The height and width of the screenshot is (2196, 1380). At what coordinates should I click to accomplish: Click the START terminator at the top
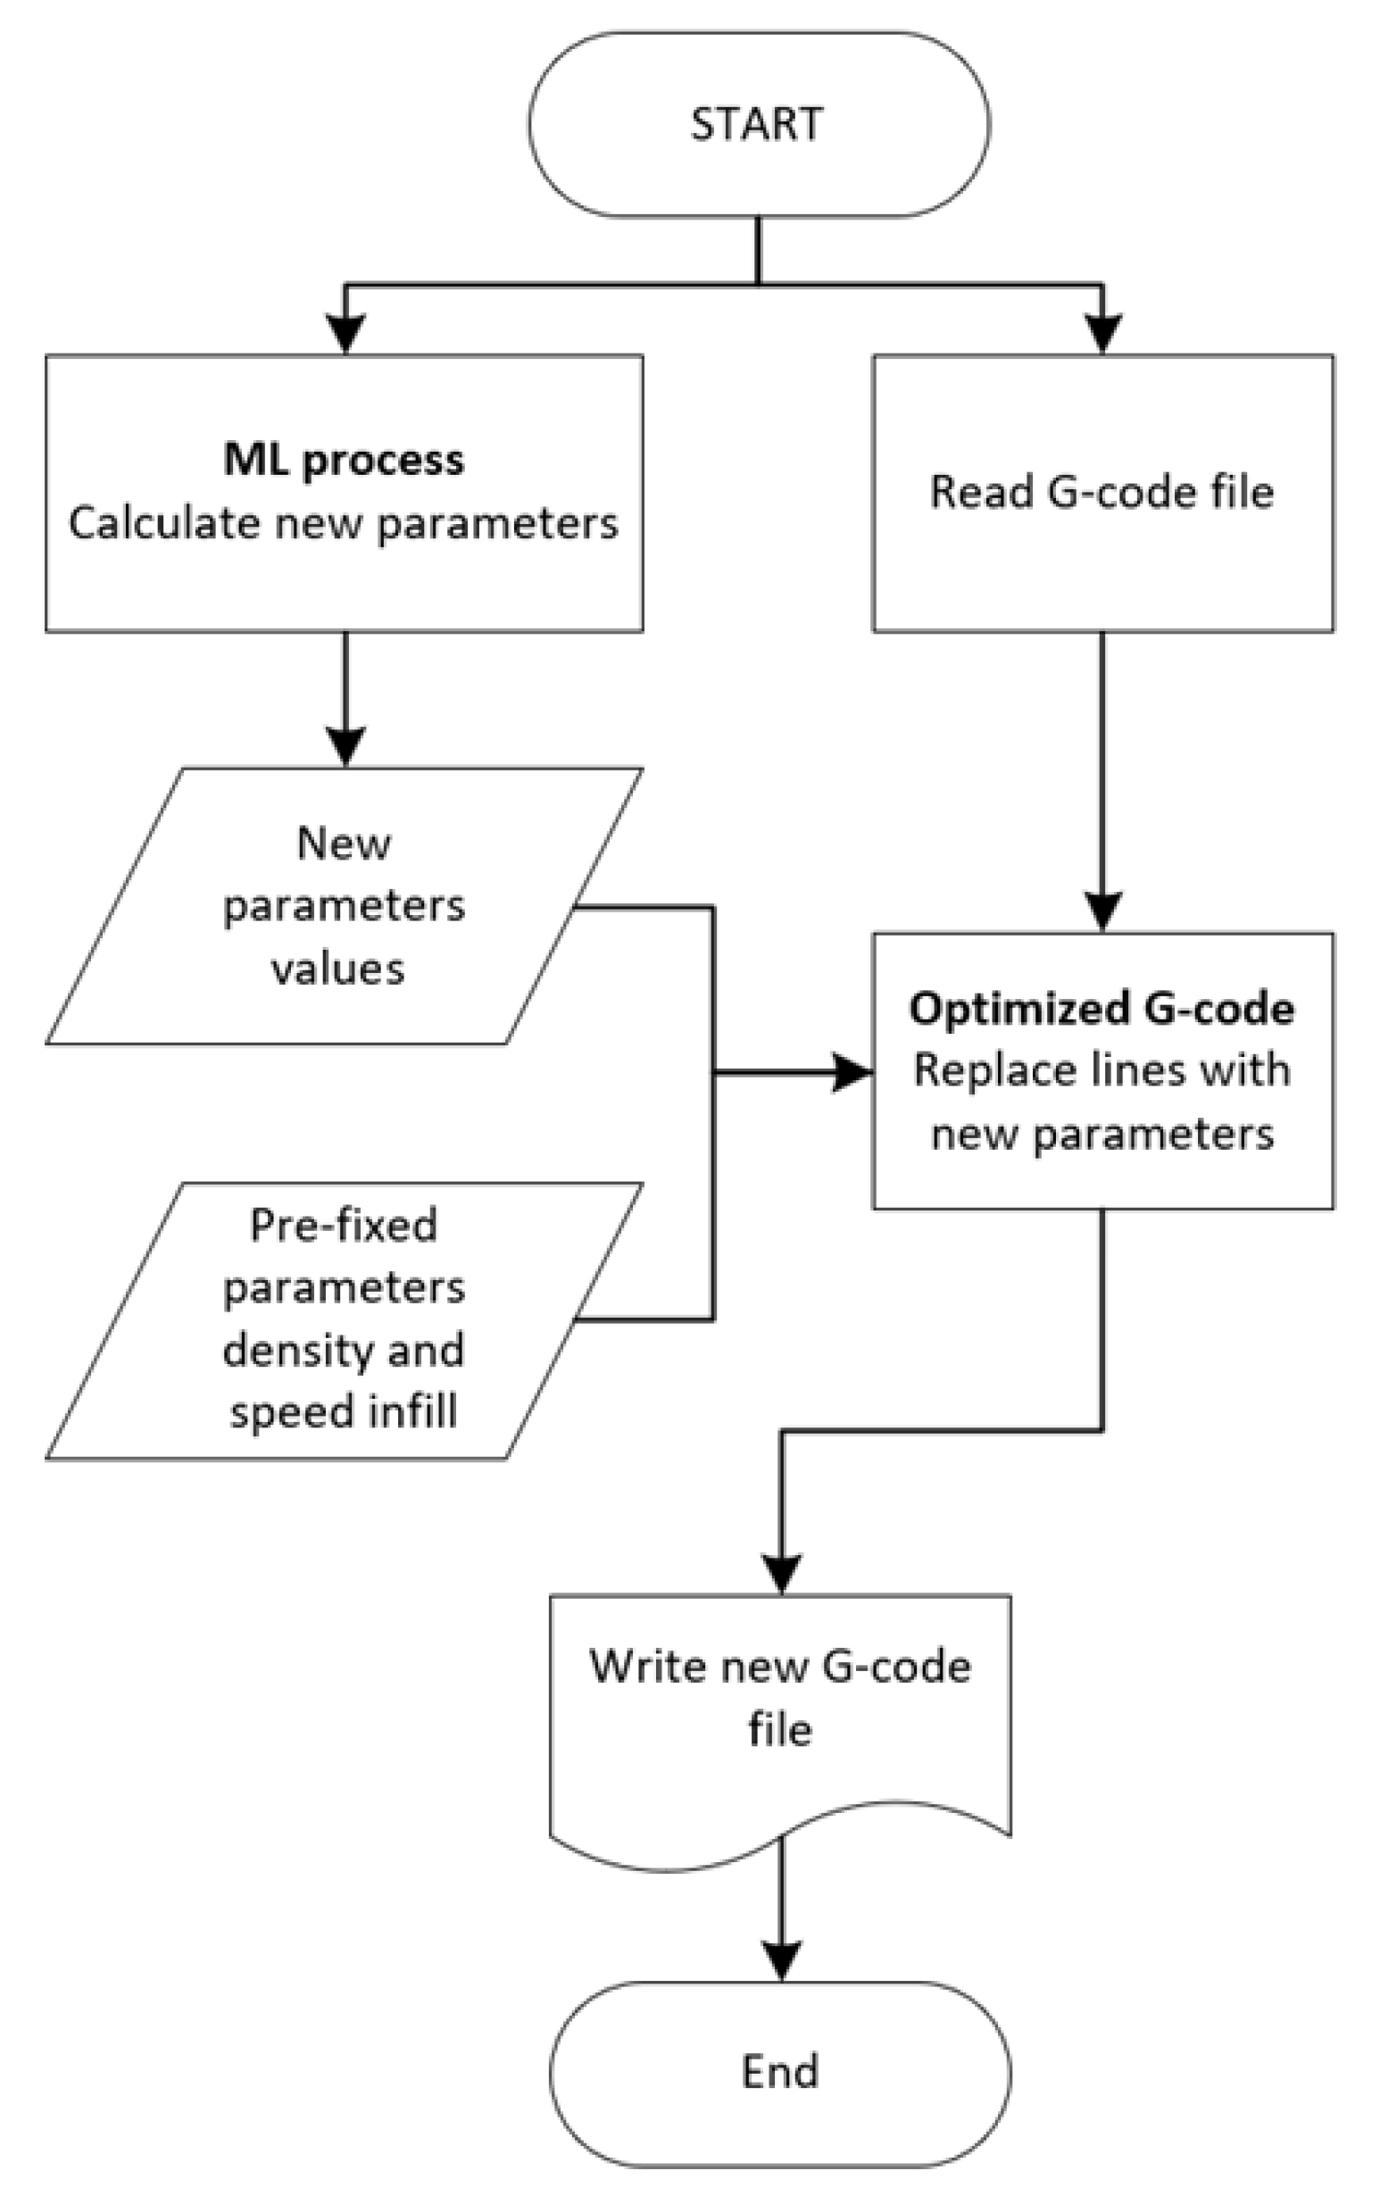[x=758, y=125]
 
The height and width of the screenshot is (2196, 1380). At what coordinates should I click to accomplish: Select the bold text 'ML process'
[x=344, y=460]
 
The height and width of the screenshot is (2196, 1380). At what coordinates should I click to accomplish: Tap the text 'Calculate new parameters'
[x=344, y=524]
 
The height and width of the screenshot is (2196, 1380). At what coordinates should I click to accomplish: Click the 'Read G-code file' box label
[x=1102, y=493]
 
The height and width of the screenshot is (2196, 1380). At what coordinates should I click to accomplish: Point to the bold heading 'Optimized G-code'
[x=1102, y=1009]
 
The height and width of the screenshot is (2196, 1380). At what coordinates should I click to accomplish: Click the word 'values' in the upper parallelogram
[x=338, y=969]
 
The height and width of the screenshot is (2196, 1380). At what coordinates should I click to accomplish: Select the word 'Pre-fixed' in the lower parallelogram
[x=344, y=1225]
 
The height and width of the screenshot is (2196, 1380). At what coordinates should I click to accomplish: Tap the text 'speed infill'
[x=344, y=1411]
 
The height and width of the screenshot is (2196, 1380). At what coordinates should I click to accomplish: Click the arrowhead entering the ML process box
[x=345, y=333]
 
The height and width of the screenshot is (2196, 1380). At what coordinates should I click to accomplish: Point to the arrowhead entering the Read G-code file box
[x=1102, y=333]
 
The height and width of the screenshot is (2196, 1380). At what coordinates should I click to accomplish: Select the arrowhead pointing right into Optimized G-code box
[x=852, y=1073]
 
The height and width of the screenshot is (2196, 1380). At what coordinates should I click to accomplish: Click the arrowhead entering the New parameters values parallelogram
[x=345, y=745]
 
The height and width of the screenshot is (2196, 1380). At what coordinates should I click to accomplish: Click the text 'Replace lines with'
[x=1102, y=1070]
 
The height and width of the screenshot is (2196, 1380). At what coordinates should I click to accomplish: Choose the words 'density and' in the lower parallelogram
[x=344, y=1350]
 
